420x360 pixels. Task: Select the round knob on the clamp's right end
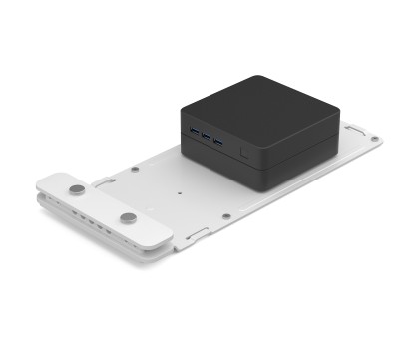pos(128,217)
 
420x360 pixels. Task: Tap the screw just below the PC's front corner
pos(228,213)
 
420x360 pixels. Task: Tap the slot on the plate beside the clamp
pos(103,181)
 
